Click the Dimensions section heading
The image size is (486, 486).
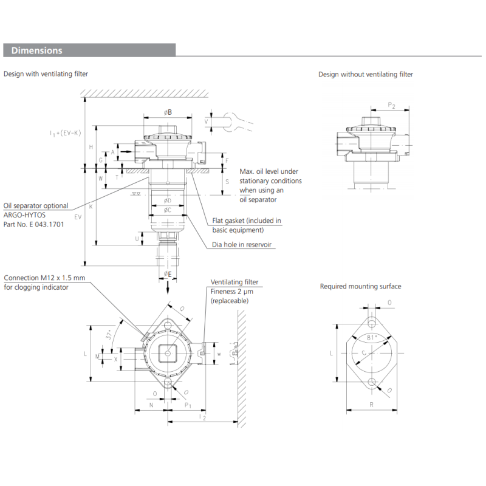point(37,50)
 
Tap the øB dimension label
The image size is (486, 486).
point(168,112)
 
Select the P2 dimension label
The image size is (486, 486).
point(392,106)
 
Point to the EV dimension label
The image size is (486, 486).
point(78,216)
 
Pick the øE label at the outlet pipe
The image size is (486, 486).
point(168,275)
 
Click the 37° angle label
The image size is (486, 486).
point(109,335)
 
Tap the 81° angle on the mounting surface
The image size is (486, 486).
point(372,337)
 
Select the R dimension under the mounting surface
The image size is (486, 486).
point(371,403)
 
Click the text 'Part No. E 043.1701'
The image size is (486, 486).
point(34,224)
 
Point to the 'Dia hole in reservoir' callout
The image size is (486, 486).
point(242,245)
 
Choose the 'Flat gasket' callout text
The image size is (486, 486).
point(247,221)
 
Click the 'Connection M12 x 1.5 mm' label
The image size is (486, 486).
point(44,278)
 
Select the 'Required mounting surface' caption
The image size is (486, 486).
point(360,286)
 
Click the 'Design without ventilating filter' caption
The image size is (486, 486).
point(365,74)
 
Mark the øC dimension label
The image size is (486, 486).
point(168,210)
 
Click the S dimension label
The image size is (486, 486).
point(226,182)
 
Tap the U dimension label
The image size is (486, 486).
point(137,238)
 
